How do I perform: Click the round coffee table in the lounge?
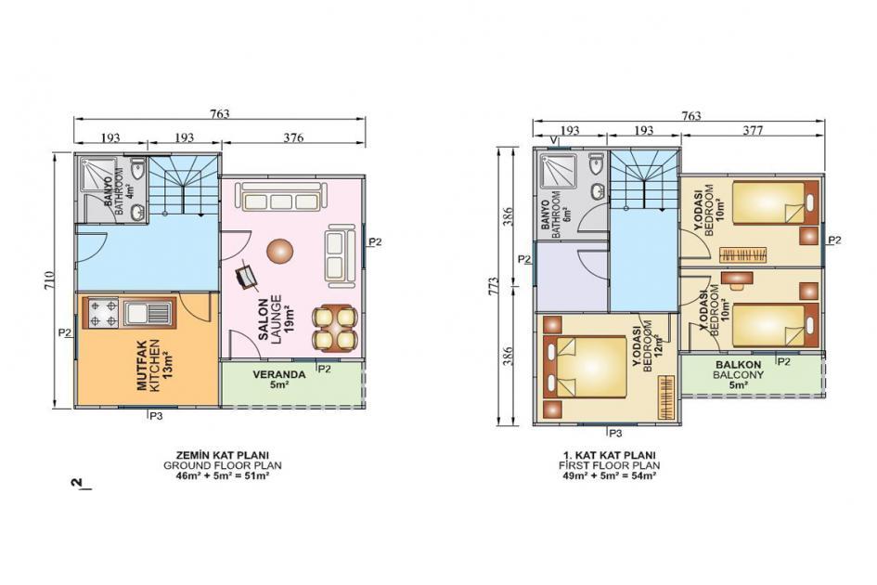[279, 251]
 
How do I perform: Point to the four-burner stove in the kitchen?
[103, 313]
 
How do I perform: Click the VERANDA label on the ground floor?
[278, 376]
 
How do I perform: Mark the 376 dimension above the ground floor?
[292, 137]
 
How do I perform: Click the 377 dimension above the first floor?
[753, 130]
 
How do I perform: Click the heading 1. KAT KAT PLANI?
[608, 454]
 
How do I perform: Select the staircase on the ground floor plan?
[183, 186]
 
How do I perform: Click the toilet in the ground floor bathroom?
[138, 172]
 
